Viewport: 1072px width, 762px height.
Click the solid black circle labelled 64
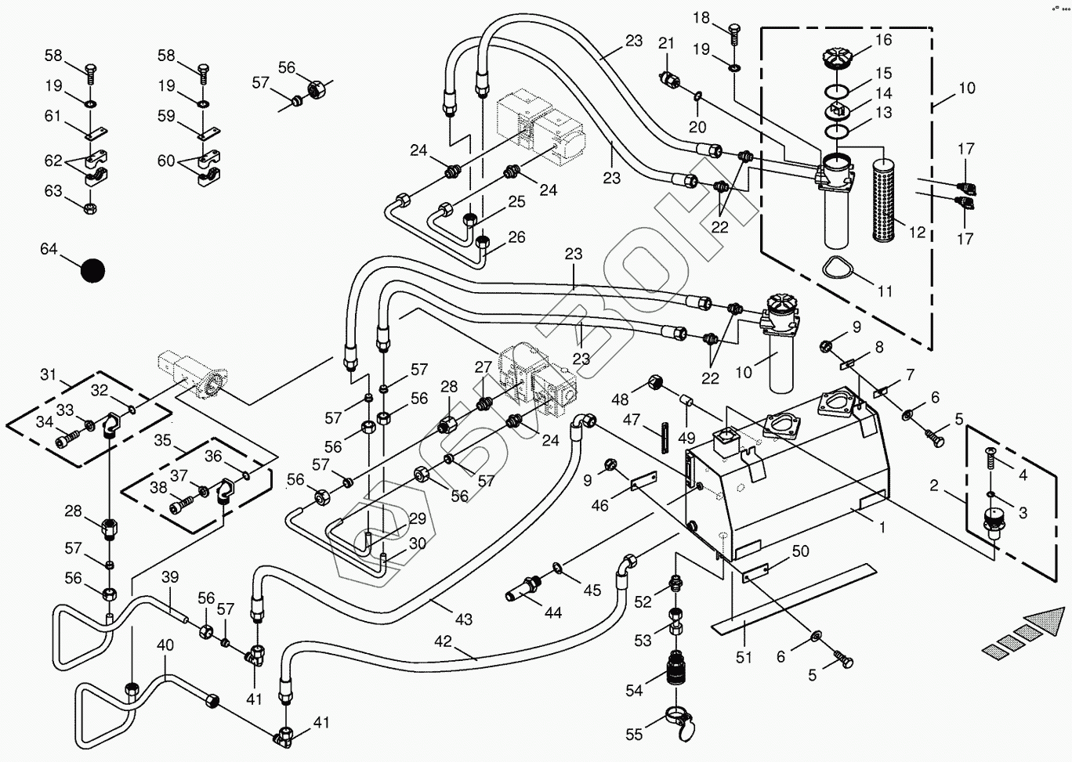[x=92, y=270]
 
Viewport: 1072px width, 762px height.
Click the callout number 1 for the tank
[x=882, y=527]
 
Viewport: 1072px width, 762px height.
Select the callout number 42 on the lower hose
[x=443, y=641]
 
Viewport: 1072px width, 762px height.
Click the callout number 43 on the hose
[x=464, y=619]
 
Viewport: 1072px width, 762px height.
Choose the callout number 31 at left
[x=49, y=375]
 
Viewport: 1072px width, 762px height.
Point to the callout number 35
[x=162, y=440]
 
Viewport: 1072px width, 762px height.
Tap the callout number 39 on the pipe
[x=170, y=577]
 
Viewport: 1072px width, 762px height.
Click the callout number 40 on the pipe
[x=165, y=646]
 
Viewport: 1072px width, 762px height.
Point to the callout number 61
[x=53, y=117]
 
